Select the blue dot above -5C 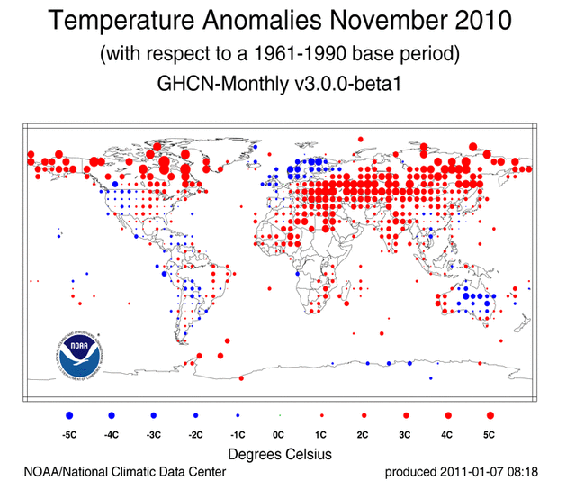coord(69,415)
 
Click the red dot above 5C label coord(490,415)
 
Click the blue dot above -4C coord(112,415)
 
